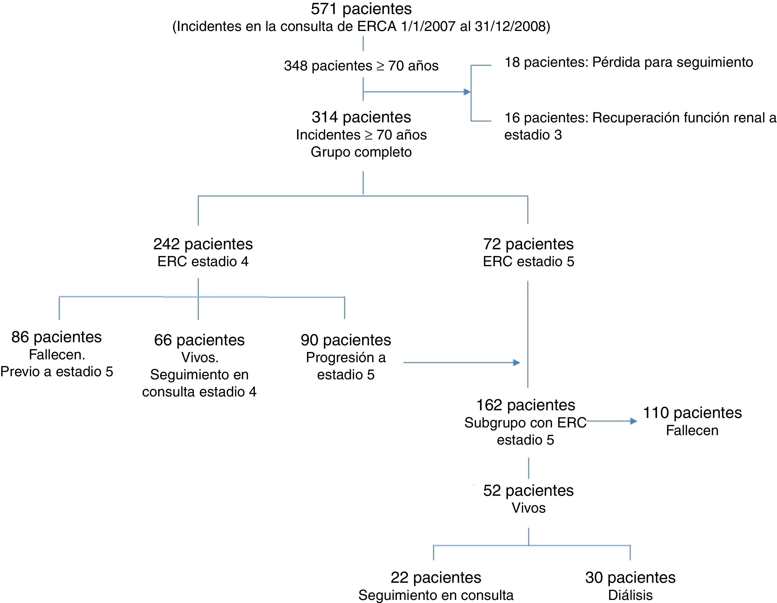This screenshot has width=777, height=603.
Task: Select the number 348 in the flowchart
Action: coord(295,66)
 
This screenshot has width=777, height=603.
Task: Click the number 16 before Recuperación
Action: coord(512,118)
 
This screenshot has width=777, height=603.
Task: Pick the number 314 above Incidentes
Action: coord(324,117)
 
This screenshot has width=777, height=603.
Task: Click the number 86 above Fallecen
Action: coord(20,337)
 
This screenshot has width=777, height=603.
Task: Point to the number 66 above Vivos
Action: coord(163,340)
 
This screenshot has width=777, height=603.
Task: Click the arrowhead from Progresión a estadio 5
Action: coord(516,363)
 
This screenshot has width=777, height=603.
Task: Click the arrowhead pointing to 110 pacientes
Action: coord(634,421)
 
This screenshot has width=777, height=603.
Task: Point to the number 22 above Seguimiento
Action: coord(399,578)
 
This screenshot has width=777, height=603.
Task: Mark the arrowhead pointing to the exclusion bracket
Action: coord(467,92)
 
